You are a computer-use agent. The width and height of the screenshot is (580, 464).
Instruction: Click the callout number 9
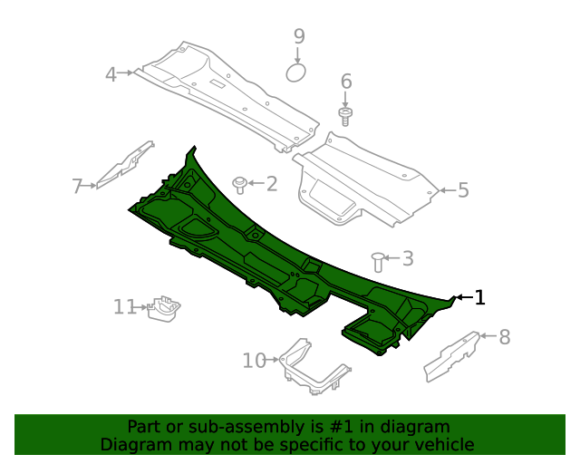(299, 36)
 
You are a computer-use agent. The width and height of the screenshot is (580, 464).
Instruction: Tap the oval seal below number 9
(296, 72)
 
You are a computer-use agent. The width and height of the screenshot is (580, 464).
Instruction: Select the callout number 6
(346, 82)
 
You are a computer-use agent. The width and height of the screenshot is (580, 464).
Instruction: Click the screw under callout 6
(345, 117)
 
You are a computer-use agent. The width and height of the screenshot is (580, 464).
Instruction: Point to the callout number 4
(111, 74)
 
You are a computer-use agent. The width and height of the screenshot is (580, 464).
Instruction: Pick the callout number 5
(463, 189)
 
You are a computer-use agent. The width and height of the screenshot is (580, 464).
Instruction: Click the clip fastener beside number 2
(239, 185)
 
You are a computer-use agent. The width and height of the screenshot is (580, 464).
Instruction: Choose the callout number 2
(272, 184)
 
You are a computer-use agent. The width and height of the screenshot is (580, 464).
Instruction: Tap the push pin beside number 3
(378, 262)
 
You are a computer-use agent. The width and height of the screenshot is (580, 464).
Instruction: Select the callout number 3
(408, 258)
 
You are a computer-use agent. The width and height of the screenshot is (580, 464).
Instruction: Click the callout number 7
(77, 186)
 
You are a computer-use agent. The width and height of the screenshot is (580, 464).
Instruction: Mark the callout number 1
(479, 297)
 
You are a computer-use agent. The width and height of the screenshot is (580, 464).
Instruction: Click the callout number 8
(505, 337)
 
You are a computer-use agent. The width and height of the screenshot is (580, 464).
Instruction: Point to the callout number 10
(254, 361)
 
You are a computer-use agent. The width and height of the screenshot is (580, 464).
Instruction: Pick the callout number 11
(125, 306)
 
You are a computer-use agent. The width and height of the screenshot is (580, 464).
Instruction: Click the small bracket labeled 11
(163, 309)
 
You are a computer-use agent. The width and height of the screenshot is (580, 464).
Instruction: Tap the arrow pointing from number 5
(447, 190)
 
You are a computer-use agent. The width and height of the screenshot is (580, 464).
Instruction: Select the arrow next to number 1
(464, 297)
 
